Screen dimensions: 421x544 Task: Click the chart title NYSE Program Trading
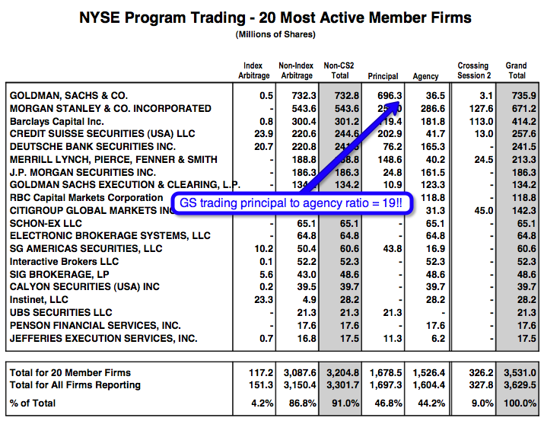tap(275, 17)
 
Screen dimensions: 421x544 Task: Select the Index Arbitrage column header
tap(253, 70)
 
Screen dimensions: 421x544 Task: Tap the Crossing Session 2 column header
tap(473, 70)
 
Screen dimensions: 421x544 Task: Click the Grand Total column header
tap(516, 70)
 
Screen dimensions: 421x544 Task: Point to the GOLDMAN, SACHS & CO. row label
tap(68, 95)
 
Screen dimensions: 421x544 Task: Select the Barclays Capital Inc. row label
tap(57, 121)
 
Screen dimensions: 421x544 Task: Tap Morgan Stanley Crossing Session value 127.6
tap(479, 108)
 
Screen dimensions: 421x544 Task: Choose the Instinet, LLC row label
tap(39, 300)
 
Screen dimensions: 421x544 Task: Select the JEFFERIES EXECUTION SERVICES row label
tap(103, 338)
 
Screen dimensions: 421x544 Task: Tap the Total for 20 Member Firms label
tap(70, 372)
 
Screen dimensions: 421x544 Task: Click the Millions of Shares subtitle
tap(275, 34)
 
